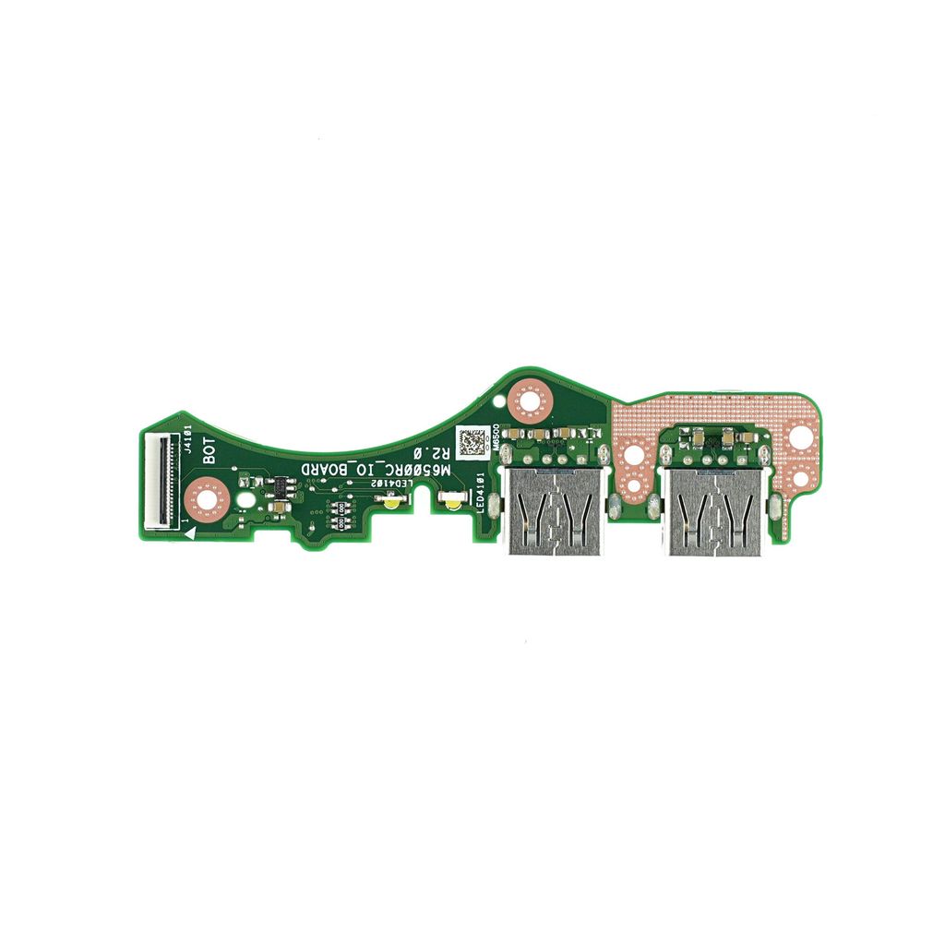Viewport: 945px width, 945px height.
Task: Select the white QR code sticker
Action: (472, 441)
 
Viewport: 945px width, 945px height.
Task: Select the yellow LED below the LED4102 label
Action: (392, 501)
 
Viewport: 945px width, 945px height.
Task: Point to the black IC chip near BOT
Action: (277, 486)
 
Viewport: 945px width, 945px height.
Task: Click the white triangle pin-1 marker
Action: (188, 523)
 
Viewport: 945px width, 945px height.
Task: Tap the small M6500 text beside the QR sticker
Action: (496, 437)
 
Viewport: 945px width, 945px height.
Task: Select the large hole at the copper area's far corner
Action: (798, 435)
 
